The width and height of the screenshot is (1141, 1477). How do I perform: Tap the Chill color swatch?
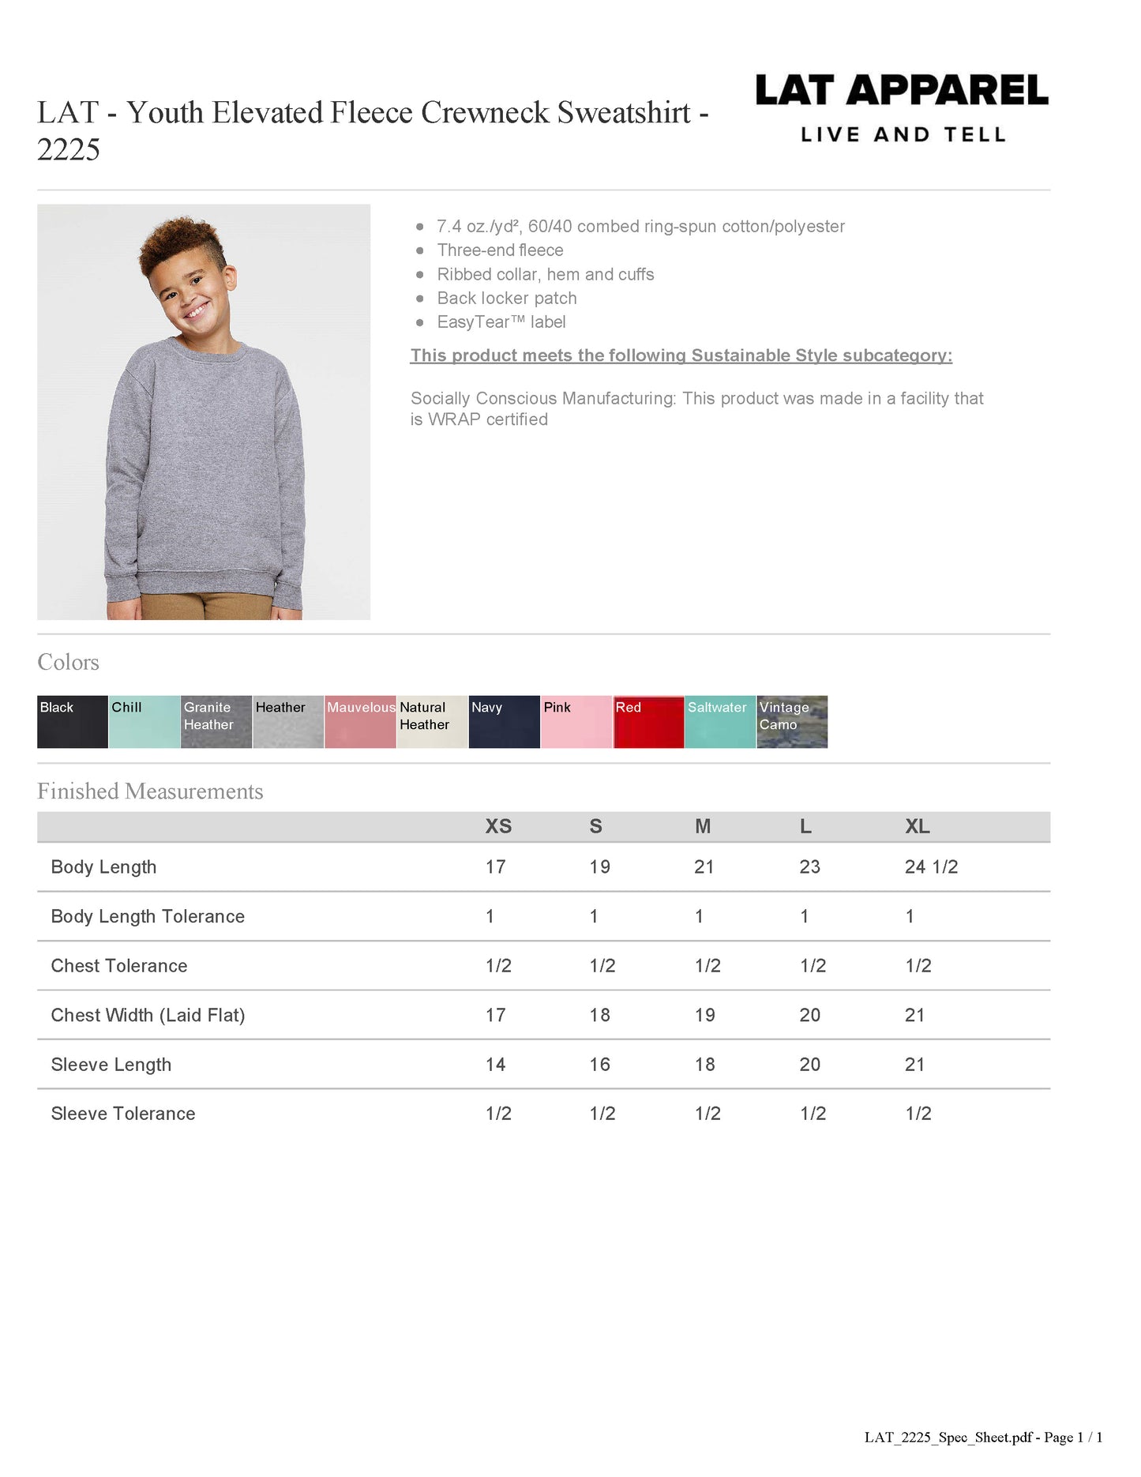145,721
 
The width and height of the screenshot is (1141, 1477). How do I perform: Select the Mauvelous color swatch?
360,721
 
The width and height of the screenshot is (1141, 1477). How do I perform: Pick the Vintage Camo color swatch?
792,721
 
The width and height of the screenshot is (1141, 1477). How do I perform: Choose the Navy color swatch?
504,721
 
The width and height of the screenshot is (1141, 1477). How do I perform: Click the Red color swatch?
648,721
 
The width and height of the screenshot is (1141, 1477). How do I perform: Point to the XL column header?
917,826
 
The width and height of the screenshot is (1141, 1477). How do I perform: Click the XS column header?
498,826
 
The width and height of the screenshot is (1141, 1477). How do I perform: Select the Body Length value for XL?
931,866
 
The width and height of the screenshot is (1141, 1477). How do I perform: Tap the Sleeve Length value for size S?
599,1064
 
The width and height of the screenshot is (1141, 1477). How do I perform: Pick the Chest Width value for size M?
704,1015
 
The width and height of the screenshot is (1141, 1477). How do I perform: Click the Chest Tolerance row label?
119,965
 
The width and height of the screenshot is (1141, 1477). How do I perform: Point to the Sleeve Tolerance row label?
123,1113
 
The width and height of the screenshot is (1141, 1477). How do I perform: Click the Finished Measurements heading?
150,791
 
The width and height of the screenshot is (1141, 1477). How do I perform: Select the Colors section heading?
69,662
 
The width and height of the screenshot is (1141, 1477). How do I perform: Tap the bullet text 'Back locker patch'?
507,298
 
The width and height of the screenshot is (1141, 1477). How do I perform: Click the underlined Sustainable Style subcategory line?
681,355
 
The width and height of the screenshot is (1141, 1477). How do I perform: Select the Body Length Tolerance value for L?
804,916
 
